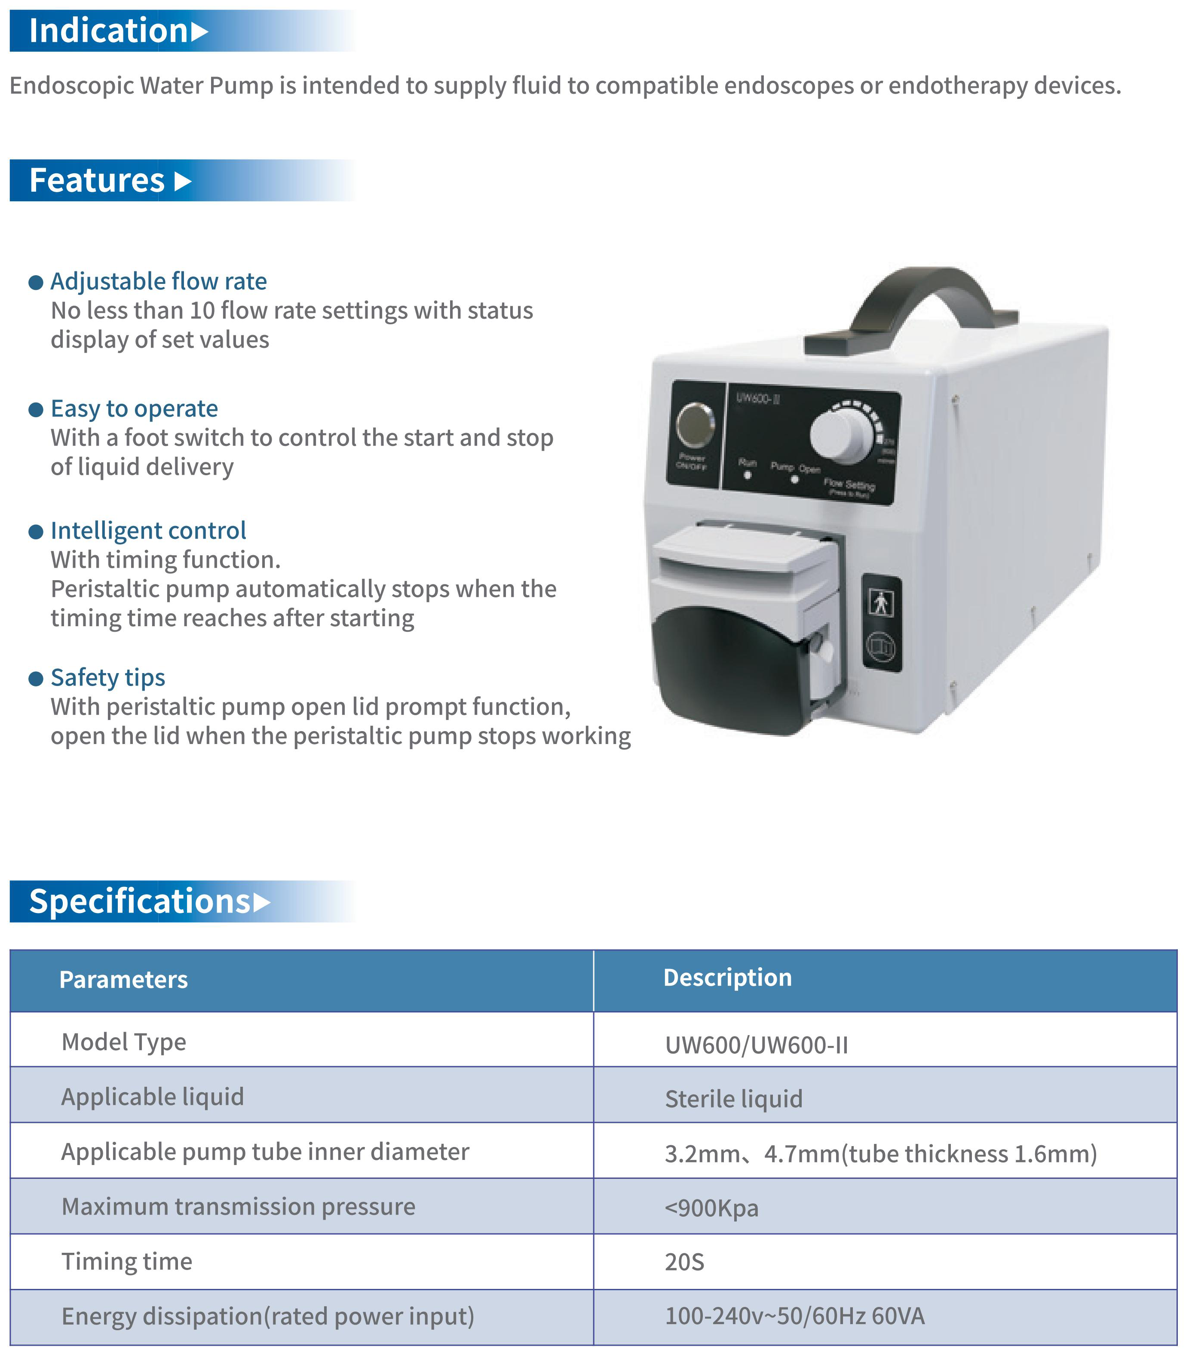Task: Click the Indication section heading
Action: tap(110, 31)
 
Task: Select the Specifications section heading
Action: tap(139, 901)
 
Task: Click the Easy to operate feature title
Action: tap(134, 409)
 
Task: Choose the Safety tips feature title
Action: tap(107, 677)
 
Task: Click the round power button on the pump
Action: tap(695, 424)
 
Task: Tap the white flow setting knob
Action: tap(840, 436)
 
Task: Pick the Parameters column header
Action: tap(123, 980)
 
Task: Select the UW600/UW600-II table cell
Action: tap(756, 1045)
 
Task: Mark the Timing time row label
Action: tap(127, 1261)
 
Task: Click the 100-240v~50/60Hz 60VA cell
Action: tap(794, 1316)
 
